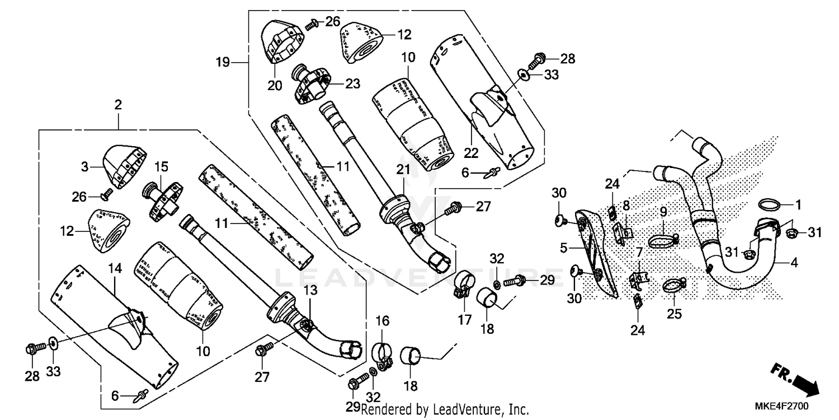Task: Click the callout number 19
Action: [x=223, y=62]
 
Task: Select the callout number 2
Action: [x=118, y=105]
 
